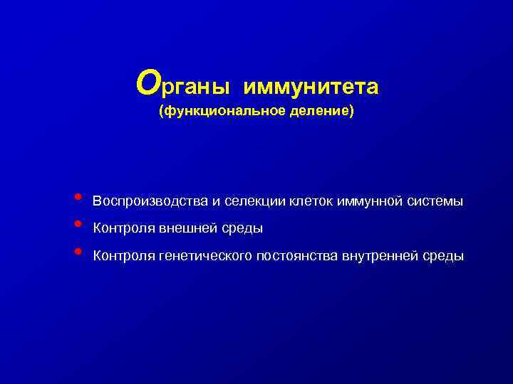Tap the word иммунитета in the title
(311, 87)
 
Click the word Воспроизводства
(150, 201)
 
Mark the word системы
(435, 201)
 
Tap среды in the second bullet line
(243, 229)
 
